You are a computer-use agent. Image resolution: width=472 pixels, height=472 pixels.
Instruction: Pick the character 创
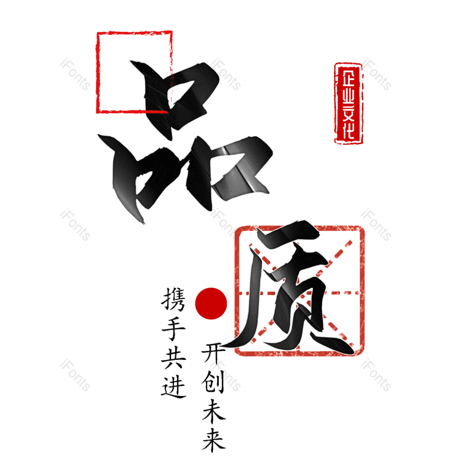[x=213, y=383]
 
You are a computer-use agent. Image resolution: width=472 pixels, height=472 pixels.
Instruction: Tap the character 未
[x=213, y=411]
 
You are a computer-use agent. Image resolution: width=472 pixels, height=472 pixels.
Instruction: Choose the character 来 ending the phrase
[x=213, y=440]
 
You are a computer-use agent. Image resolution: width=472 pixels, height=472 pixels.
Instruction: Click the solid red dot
[x=211, y=303]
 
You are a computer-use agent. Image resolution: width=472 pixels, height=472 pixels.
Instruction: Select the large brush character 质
[x=289, y=289]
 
